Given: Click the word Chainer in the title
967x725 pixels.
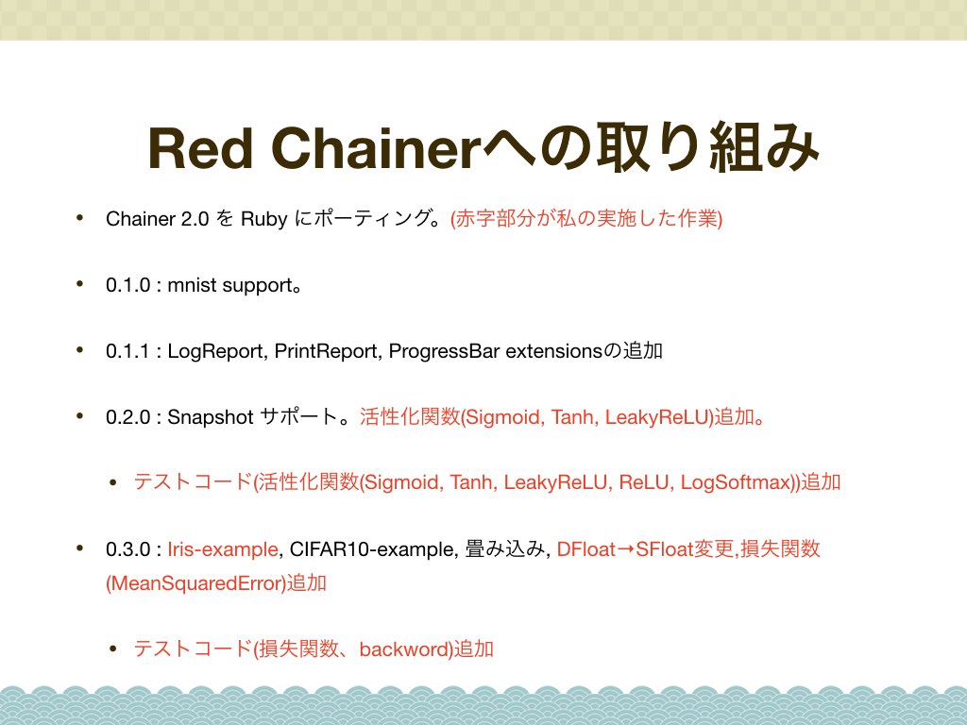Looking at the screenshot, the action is tap(375, 148).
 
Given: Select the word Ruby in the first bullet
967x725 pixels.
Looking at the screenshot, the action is tap(264, 219).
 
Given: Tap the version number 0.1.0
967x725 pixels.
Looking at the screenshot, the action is tap(127, 285).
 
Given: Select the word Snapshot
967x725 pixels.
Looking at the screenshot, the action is tap(211, 417).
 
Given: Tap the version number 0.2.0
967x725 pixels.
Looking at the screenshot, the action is tap(127, 417).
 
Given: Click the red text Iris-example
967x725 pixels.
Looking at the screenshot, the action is tap(223, 549).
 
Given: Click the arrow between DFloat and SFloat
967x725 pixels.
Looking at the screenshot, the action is tap(625, 549).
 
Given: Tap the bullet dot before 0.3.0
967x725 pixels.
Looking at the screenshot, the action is tap(79, 548).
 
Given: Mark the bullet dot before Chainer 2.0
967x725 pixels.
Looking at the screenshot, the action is tap(79, 217).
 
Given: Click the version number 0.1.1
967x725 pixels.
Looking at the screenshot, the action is tap(127, 351).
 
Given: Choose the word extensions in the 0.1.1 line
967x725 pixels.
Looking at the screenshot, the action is tap(553, 351).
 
